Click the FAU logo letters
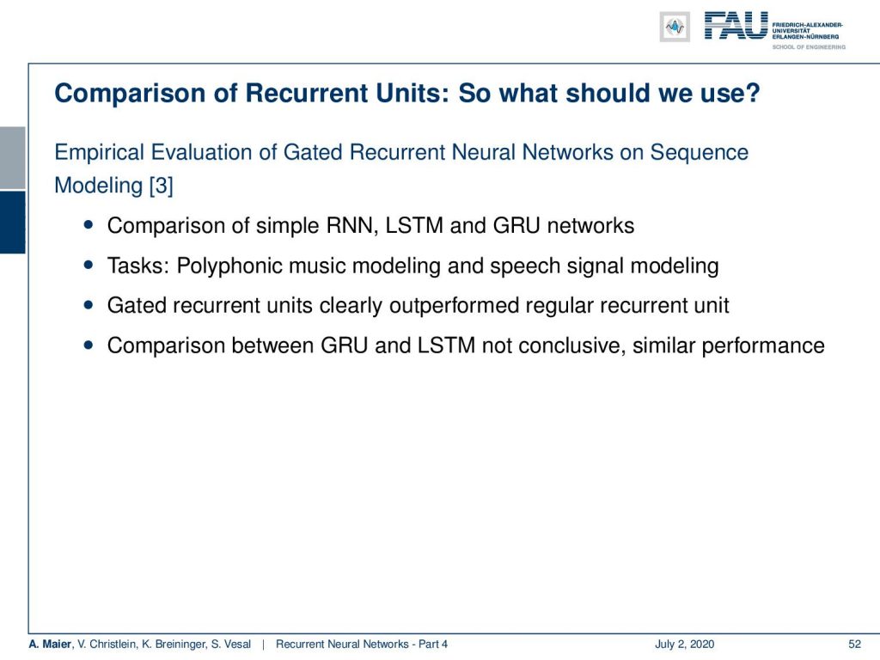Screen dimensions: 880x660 click(736, 26)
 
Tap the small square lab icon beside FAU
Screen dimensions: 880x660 click(675, 27)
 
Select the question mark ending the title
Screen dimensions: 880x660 click(753, 93)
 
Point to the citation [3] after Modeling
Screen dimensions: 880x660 click(161, 186)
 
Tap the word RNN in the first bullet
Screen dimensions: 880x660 click(351, 226)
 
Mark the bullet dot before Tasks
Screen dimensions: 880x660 click(89, 265)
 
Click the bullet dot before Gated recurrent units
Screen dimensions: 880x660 click(89, 305)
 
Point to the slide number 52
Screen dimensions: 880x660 click(854, 645)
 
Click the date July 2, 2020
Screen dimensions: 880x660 click(684, 645)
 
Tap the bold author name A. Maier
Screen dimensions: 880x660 click(50, 645)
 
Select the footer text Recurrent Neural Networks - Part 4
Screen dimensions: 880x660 click(362, 645)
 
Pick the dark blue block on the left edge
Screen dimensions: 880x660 click(12, 223)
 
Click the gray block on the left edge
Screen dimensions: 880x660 click(12, 158)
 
